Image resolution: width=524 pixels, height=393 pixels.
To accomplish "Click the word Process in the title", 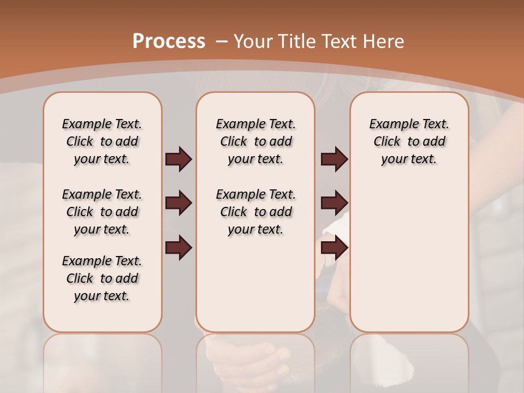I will pos(169,41).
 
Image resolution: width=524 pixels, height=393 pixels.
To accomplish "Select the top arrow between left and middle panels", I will pos(178,159).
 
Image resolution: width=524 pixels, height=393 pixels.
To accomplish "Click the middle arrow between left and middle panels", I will pos(178,204).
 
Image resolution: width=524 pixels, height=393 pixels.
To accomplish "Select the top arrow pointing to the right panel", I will pos(334,159).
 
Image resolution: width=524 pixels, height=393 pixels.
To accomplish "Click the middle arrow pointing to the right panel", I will pos(334,204).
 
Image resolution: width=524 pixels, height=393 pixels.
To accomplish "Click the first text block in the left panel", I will pos(102,141).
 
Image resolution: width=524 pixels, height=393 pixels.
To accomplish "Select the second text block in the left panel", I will pos(102,212).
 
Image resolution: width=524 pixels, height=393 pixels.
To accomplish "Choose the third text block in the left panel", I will pos(102,278).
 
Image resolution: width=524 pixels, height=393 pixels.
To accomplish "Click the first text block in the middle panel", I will pos(255,141).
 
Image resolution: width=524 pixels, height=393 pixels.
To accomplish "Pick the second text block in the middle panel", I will pos(255,212).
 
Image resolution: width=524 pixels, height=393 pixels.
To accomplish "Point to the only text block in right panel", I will pos(409,141).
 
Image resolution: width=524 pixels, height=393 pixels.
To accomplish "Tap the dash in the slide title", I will pos(222,41).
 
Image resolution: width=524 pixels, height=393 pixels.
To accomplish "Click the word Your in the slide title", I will pos(254,41).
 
